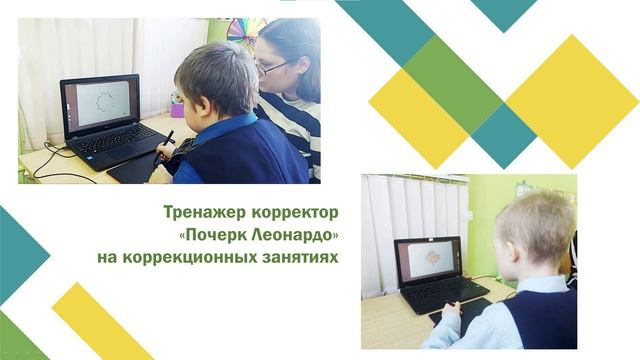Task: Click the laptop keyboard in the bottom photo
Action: (x=440, y=291)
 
